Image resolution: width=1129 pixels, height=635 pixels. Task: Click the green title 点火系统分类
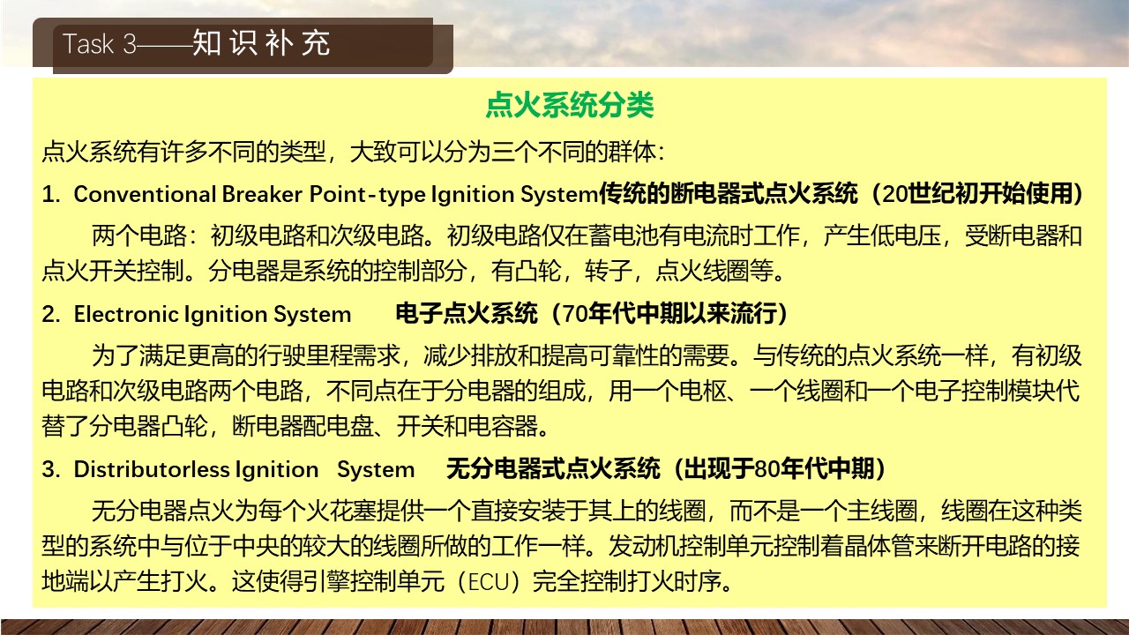coord(570,105)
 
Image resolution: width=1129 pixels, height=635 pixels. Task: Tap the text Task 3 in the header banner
coord(100,44)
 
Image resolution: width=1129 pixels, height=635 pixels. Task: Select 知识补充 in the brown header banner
coord(261,43)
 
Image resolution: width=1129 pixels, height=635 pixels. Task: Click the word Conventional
coord(146,194)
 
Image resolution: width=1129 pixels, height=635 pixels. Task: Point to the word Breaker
coord(262,194)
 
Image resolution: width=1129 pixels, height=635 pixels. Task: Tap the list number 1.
coord(51,194)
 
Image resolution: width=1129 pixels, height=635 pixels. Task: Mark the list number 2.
coord(51,314)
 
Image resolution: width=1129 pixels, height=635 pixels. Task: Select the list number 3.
coord(51,469)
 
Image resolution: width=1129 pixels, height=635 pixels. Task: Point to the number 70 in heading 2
coord(575,314)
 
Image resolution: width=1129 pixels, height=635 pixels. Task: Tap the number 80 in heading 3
coord(767,469)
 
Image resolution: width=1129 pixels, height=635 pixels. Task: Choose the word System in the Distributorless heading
coord(376,470)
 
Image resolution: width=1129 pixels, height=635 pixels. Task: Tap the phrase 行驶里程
coord(306,355)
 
